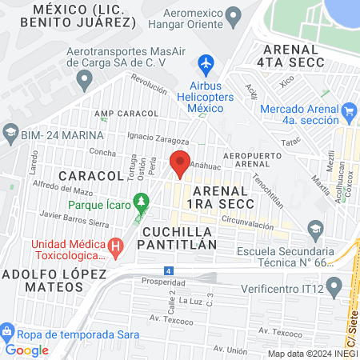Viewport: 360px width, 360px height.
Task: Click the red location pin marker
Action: click(180, 163)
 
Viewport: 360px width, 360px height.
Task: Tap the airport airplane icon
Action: click(206, 62)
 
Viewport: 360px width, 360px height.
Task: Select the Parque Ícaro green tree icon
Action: click(142, 199)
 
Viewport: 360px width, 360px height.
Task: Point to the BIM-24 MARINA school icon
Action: click(10, 133)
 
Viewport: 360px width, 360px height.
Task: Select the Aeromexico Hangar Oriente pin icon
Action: click(234, 15)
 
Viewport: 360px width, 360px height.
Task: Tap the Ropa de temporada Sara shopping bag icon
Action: click(6, 331)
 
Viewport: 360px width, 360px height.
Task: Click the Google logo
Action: click(27, 350)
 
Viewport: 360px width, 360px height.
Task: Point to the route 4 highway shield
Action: click(167, 270)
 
